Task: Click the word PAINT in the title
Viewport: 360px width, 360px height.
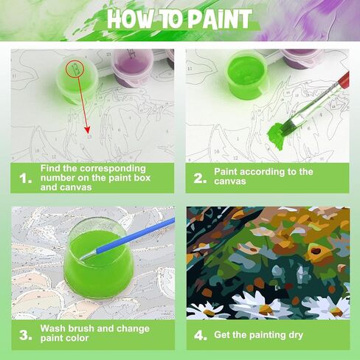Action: [220, 20]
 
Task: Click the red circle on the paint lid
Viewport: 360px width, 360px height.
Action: [75, 69]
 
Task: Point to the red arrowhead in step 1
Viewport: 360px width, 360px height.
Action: [87, 130]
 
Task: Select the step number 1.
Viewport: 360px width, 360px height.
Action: [25, 179]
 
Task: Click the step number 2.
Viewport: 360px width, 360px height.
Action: [200, 179]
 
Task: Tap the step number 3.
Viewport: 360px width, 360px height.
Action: [26, 335]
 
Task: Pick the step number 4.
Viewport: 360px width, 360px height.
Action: [201, 336]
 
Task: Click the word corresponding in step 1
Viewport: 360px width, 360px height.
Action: [113, 169]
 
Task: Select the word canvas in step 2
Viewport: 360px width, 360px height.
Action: [230, 181]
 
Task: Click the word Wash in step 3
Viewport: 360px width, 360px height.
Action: [53, 328]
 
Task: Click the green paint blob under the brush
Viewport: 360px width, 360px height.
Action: [276, 136]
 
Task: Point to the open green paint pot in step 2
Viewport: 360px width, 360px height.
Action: [246, 74]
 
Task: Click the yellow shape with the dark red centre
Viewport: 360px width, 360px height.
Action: [315, 252]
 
